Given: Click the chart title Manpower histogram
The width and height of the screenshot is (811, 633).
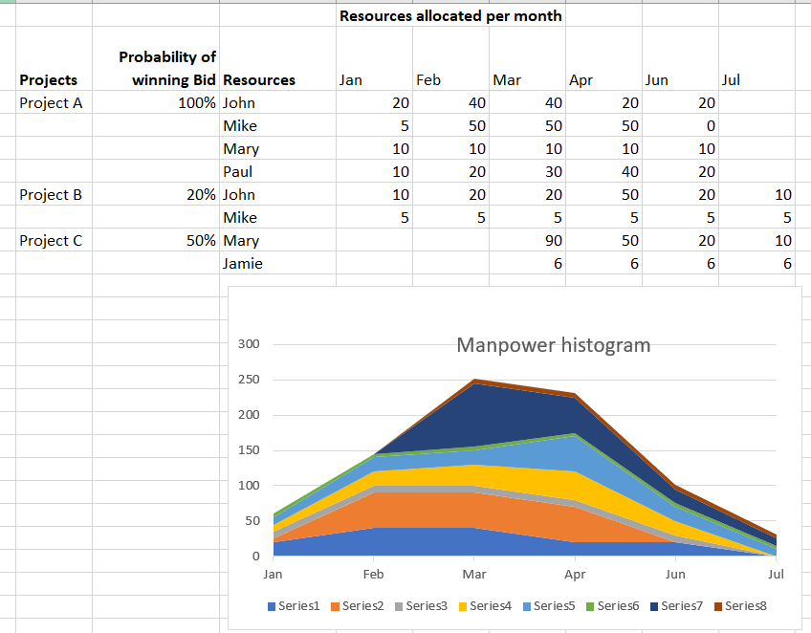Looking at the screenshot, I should (553, 345).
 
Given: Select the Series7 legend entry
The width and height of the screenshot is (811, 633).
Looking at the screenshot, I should (680, 605).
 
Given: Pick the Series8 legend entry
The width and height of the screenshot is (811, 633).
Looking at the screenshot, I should (744, 605).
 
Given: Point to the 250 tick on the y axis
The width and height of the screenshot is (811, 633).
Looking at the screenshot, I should (249, 380).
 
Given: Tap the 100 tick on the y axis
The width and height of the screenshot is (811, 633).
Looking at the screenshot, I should (249, 486).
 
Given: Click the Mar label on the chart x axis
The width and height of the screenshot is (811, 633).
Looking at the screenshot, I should (473, 575).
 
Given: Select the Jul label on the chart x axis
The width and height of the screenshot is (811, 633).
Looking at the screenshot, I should (776, 575).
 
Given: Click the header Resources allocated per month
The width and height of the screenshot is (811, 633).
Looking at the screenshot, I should (450, 16).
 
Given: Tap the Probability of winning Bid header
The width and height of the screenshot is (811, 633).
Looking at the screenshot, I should (168, 69).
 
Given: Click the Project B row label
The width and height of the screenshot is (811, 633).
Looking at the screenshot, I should (51, 195).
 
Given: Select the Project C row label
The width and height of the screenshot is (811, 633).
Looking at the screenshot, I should (51, 241).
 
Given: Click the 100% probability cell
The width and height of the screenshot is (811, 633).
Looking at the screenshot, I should (197, 103).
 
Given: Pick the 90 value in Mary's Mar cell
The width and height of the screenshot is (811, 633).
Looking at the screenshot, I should (553, 241).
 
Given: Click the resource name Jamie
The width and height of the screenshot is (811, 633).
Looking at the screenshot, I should (242, 264).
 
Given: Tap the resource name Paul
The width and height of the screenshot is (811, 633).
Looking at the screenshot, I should (238, 172).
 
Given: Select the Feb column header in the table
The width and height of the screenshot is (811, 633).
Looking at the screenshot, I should (427, 80).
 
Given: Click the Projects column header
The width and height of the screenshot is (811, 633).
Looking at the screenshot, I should (48, 80).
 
